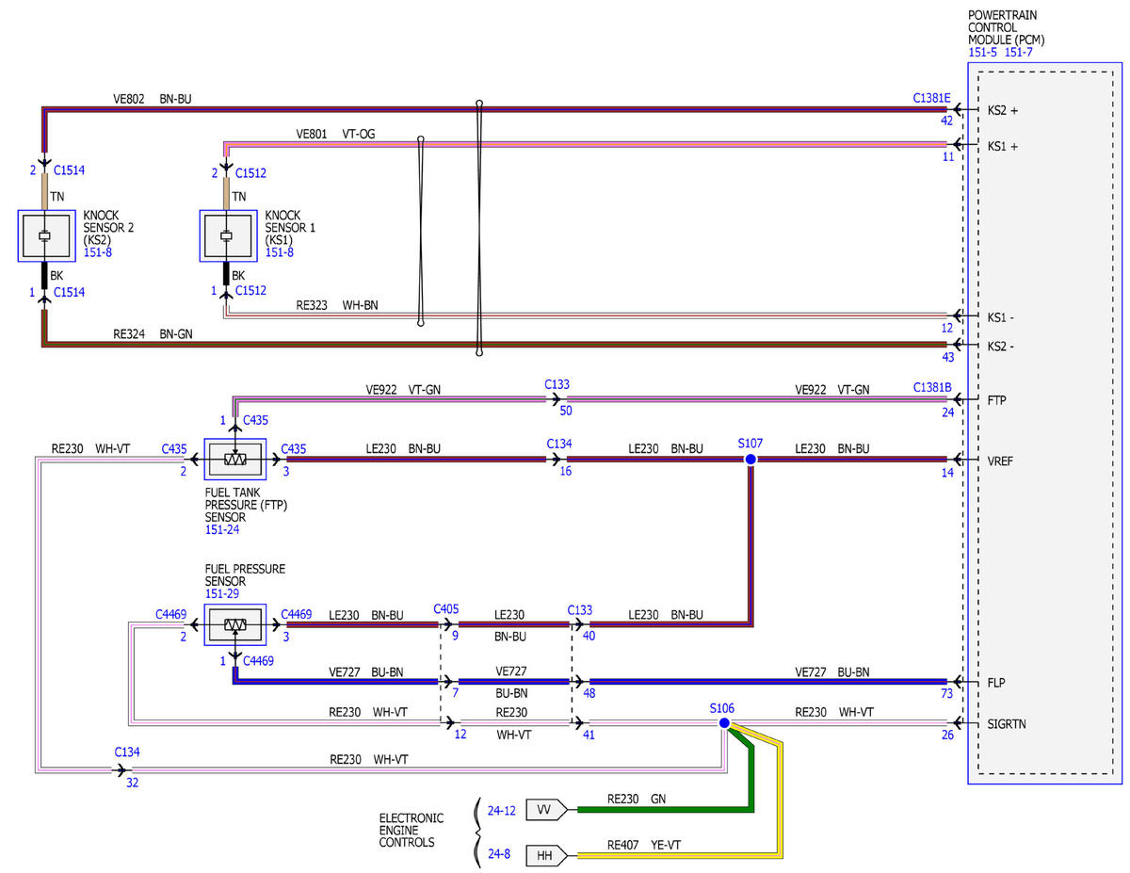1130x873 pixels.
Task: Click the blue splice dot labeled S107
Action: [750, 460]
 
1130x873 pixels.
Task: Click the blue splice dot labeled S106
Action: [724, 723]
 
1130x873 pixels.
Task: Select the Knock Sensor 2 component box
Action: [46, 235]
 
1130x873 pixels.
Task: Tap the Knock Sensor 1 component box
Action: [228, 235]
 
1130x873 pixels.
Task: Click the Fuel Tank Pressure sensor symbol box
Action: [235, 460]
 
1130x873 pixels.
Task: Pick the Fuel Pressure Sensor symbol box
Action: [235, 624]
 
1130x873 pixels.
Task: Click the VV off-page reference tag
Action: [546, 810]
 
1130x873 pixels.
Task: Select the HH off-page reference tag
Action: [546, 855]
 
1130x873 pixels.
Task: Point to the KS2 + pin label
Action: [1002, 110]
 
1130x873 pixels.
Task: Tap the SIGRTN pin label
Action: [1007, 724]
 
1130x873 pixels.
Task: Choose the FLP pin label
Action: [996, 682]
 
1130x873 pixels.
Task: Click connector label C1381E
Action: [931, 98]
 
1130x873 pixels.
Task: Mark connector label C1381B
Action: [932, 387]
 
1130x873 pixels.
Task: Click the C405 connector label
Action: [445, 609]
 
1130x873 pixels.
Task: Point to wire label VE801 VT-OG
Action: [335, 134]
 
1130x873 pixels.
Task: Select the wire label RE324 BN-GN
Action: [153, 333]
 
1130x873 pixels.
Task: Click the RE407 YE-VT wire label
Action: [644, 845]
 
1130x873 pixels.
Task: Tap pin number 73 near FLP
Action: [946, 693]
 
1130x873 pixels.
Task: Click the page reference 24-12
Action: [501, 811]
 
